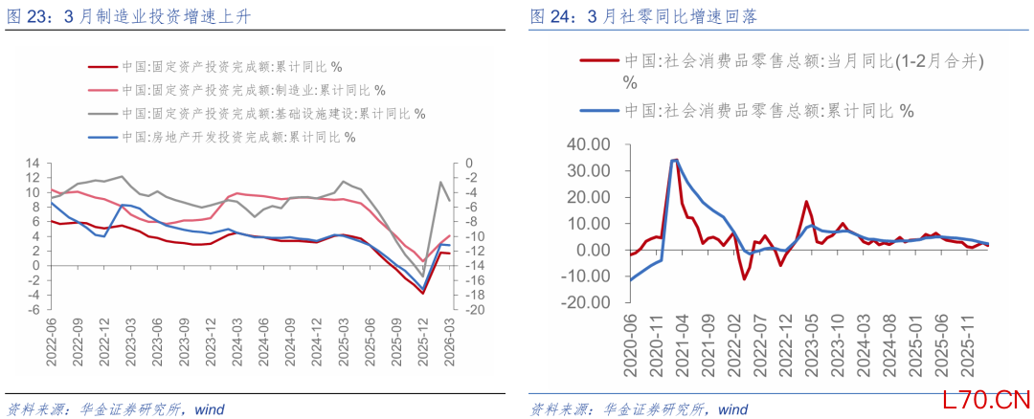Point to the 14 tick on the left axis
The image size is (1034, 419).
pos(32,164)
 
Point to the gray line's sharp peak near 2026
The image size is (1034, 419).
pos(440,181)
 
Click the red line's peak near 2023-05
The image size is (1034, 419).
pos(807,201)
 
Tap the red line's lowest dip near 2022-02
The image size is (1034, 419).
pos(743,278)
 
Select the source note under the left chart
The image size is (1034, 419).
pos(116,409)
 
